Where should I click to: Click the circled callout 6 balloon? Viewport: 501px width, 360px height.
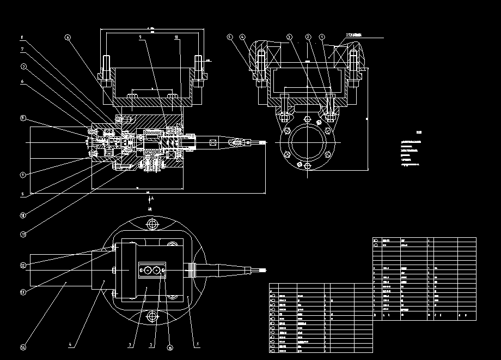point(68,38)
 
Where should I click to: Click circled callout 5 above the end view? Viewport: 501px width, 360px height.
point(229,37)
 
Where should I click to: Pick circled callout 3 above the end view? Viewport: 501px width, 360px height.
point(289,37)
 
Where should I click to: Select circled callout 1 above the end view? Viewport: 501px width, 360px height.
point(322,37)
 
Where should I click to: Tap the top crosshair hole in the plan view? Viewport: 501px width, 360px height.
point(152,224)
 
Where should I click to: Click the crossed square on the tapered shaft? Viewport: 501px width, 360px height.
point(212,142)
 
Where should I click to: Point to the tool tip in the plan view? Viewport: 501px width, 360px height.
point(266,269)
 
